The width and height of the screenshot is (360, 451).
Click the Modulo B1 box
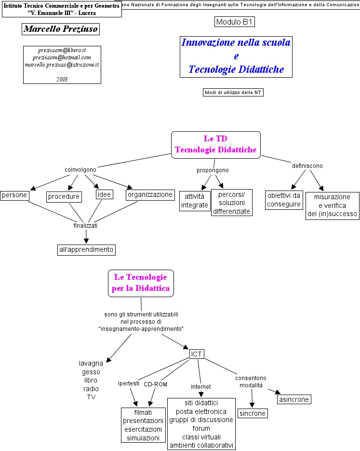(235, 22)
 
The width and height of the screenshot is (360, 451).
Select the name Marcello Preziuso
(61, 29)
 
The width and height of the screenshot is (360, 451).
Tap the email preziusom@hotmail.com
(62, 57)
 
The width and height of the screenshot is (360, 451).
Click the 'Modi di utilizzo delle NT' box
(233, 92)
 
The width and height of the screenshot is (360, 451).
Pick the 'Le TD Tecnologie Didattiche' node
(215, 145)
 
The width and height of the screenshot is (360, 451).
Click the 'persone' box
(14, 195)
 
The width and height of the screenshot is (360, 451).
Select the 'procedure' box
(64, 196)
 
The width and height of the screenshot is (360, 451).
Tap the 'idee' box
(104, 194)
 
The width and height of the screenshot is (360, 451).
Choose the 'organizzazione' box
(150, 195)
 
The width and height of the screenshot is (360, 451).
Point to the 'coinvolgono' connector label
(80, 170)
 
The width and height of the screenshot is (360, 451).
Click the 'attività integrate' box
(195, 201)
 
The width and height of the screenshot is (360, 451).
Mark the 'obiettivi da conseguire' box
(284, 200)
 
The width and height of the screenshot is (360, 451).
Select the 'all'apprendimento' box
(86, 249)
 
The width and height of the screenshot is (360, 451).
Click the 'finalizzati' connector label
(85, 225)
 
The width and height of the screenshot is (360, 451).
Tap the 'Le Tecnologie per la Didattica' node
(141, 283)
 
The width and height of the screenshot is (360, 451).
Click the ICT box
(197, 355)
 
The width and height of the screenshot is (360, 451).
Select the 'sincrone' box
(253, 413)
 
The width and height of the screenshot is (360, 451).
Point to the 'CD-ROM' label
(155, 384)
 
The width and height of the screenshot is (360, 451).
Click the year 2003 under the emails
(62, 79)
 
